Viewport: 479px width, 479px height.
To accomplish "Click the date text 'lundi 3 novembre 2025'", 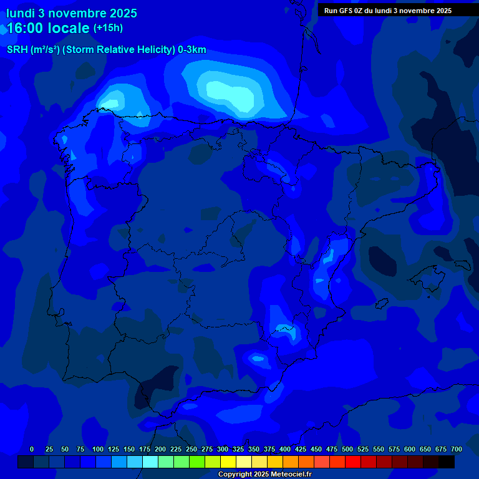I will point(71,13).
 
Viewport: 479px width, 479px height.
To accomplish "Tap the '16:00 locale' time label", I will point(48,28).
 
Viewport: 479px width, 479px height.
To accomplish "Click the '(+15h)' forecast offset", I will point(108,28).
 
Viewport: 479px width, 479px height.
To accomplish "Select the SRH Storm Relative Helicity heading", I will point(106,50).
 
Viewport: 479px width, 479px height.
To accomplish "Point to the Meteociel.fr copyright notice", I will point(264,474).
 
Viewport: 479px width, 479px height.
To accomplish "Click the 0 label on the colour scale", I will point(32,449).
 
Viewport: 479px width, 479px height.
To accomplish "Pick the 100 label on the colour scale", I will point(98,449).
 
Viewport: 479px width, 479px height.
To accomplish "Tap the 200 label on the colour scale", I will point(160,449).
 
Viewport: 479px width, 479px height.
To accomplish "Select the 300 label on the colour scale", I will point(223,449).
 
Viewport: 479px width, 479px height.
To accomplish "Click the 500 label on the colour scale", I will point(347,449).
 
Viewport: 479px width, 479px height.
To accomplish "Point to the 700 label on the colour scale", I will point(456,449).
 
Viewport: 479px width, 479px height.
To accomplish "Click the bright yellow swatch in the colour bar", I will point(228,462).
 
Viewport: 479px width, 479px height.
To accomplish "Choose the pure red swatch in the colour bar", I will point(353,462).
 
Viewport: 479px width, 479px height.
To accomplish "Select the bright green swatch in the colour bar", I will point(197,462).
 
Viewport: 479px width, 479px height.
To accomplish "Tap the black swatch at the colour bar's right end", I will point(447,462).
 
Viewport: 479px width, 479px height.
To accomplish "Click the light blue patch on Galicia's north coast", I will point(112,100).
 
